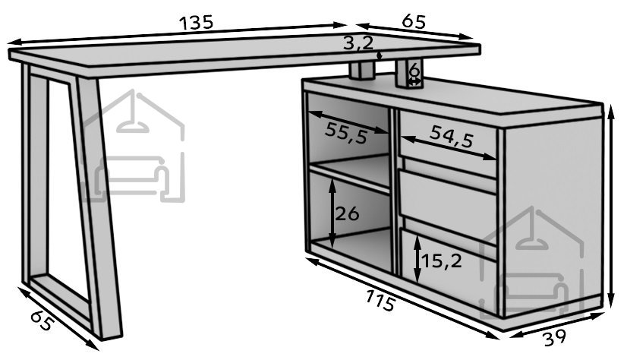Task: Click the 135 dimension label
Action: coord(196,23)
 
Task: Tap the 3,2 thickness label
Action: coord(358,43)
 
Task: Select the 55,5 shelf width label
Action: coord(346,132)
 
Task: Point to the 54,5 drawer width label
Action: coord(452,137)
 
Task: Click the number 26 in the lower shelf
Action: coord(347,214)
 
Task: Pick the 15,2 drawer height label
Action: coord(442,261)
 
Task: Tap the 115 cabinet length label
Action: coord(380,300)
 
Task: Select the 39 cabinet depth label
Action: coord(556,338)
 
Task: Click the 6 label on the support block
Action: coord(414,71)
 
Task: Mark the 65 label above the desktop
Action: coord(414,21)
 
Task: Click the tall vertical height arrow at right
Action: coord(610,207)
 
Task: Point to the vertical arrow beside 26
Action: coord(332,214)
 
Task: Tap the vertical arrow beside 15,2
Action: coord(417,259)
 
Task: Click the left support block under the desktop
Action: coord(361,71)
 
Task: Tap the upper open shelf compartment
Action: coord(348,132)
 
